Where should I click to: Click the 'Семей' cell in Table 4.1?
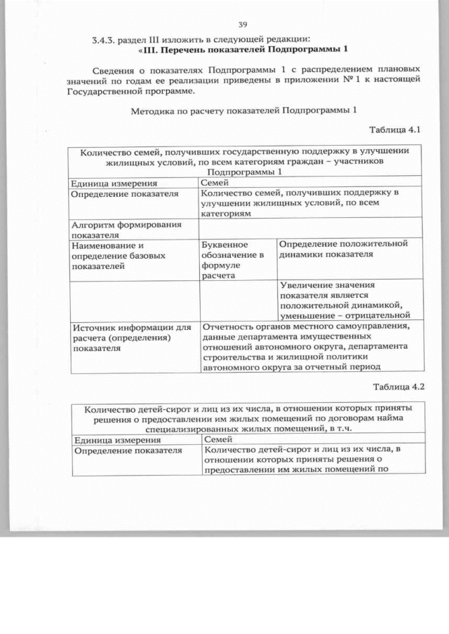coord(214,182)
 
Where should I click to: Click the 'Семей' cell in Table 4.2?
coord(217,439)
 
